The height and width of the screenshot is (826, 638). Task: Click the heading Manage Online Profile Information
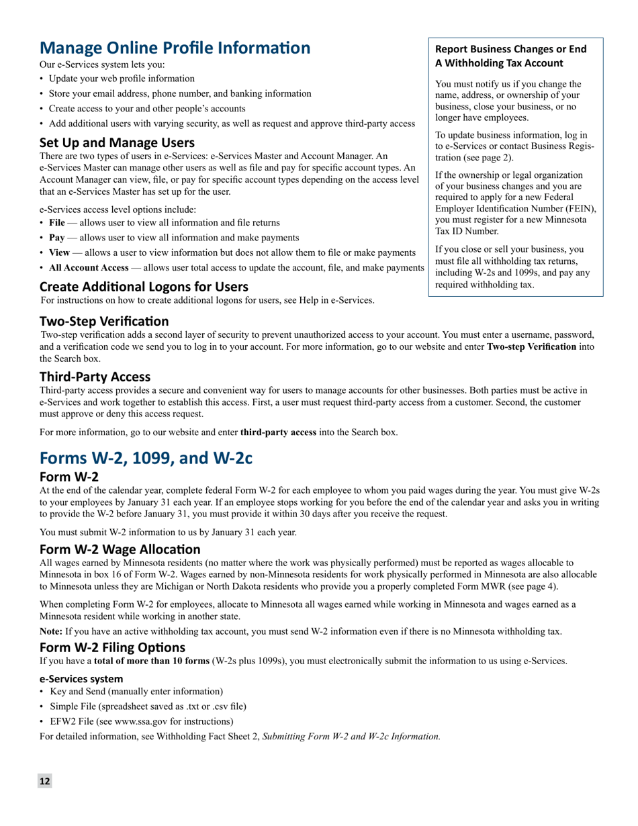pos(175,48)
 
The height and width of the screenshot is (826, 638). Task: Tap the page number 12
pos(44,780)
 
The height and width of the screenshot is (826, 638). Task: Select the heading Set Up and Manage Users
pos(117,142)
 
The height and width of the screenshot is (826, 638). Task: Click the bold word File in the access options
pos(57,222)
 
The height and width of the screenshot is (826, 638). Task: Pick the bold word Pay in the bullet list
pos(56,238)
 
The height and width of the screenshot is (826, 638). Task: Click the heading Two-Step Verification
pos(104,321)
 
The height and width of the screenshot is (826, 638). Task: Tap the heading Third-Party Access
pos(95,377)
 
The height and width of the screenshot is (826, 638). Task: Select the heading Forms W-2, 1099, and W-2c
pos(146,458)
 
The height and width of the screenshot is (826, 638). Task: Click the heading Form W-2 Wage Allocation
pos(120,549)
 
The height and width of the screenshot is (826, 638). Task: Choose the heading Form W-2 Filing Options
pos(112,647)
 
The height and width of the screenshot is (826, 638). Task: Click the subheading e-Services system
pos(81,678)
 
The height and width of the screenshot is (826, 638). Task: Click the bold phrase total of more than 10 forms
pos(152,661)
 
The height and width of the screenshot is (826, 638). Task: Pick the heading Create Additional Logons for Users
pos(144,287)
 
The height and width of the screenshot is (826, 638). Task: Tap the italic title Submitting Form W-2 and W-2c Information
pos(351,736)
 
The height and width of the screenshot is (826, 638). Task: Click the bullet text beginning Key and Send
pos(136,691)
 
